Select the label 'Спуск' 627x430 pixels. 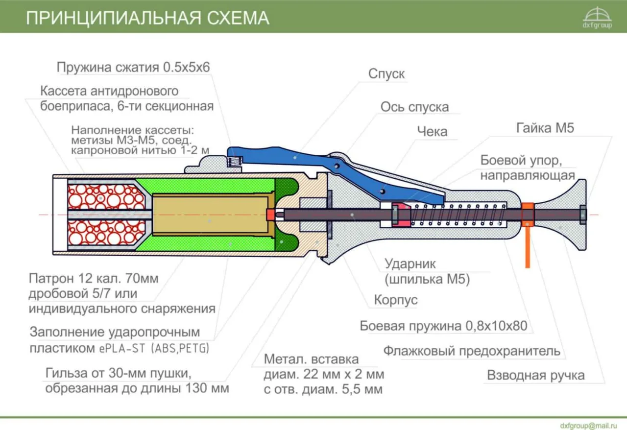tap(386, 74)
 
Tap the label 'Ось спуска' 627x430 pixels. tap(414, 107)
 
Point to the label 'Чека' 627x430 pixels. tap(432, 131)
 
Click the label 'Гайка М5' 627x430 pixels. tap(545, 128)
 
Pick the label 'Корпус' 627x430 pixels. tap(396, 299)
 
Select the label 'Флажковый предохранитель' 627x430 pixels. tap(471, 351)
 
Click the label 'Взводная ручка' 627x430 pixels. tap(535, 376)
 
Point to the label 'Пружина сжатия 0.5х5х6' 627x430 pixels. tap(133, 67)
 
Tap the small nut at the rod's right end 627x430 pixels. tap(582, 215)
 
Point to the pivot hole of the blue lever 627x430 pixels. tap(338, 166)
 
